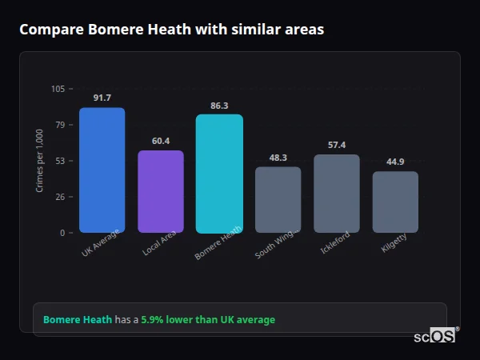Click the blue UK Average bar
click(102, 170)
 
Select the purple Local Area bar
click(161, 191)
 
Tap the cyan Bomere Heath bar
click(219, 173)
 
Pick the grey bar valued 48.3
click(278, 199)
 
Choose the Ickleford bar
click(337, 193)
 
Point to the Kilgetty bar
click(395, 202)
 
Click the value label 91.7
click(102, 98)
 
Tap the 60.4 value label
click(161, 141)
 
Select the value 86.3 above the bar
click(219, 105)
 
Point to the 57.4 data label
click(337, 145)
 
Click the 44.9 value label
click(395, 162)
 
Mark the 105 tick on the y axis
click(58, 89)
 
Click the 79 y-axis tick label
click(60, 125)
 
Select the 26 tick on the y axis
click(60, 197)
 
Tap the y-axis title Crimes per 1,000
click(40, 161)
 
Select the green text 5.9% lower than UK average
click(208, 319)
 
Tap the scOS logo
click(435, 336)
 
